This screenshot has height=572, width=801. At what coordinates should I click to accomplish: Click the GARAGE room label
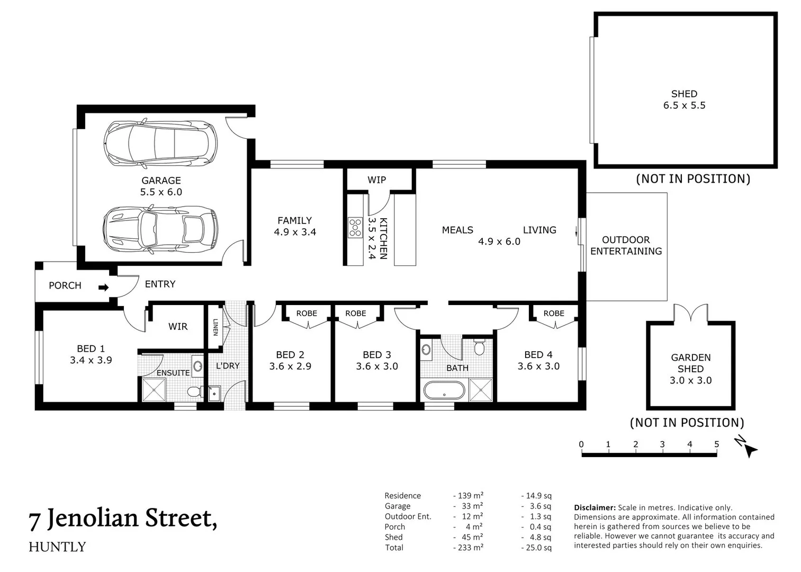click(161, 181)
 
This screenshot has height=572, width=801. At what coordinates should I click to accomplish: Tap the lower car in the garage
click(160, 229)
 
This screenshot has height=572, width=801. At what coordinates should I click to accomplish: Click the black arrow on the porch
click(103, 288)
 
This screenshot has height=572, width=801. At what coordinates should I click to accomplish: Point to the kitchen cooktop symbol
click(355, 227)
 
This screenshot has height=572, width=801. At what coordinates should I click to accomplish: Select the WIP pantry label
click(376, 180)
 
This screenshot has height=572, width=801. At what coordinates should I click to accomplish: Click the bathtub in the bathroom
click(444, 391)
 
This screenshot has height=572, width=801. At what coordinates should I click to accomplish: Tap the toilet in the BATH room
click(479, 347)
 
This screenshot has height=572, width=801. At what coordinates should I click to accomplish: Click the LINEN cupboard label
click(215, 327)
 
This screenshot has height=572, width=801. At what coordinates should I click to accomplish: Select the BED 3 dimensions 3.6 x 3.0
click(376, 367)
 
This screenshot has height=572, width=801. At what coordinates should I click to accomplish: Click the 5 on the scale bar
click(716, 444)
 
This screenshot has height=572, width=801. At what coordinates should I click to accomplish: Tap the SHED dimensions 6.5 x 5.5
click(684, 105)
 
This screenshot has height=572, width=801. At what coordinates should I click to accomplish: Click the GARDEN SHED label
click(690, 363)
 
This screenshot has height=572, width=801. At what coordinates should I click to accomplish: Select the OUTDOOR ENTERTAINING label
click(626, 246)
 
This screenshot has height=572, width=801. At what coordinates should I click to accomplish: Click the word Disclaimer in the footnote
click(595, 507)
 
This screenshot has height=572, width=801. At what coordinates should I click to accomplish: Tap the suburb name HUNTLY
click(57, 547)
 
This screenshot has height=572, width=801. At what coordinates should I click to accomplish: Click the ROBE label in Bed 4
click(554, 314)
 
